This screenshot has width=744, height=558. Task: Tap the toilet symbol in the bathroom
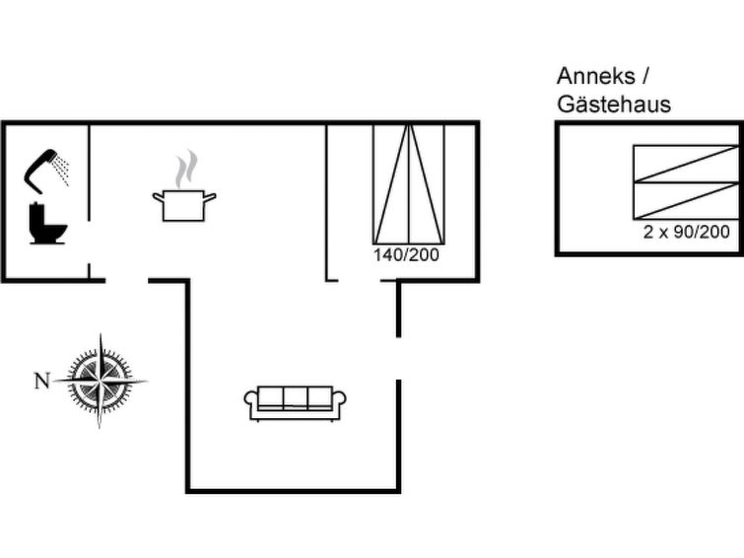point(47,223)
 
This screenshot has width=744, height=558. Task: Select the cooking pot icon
point(184,205)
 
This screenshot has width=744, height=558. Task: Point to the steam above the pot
point(186,169)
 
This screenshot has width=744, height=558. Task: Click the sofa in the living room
point(295,403)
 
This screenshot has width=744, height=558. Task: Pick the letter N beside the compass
point(42,381)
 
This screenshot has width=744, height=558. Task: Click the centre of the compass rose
point(101,381)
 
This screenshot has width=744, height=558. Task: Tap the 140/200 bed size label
point(406,255)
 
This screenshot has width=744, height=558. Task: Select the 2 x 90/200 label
point(686,232)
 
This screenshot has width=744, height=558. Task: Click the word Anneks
point(596,76)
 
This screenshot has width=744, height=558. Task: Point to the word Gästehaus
point(614,105)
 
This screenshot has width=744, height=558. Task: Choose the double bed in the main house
point(409,184)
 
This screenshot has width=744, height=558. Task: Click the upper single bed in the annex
point(686,164)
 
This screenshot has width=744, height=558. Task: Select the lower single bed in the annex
point(686,200)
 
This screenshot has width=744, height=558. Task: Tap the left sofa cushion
point(270,397)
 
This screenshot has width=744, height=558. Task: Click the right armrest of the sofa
point(339,402)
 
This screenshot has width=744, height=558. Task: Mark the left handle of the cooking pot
point(158,195)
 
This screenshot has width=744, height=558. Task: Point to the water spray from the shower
point(62,169)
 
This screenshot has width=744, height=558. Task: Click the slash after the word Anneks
point(644,77)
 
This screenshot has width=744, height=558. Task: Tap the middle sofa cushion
point(295,397)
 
